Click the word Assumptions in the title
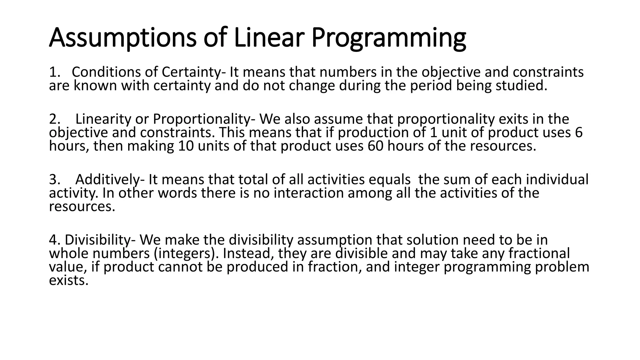[122, 38]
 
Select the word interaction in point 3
[309, 193]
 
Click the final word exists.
[69, 280]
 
